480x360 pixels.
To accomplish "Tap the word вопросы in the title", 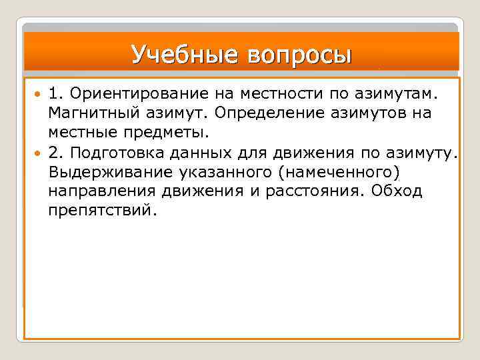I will pos(298,54).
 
